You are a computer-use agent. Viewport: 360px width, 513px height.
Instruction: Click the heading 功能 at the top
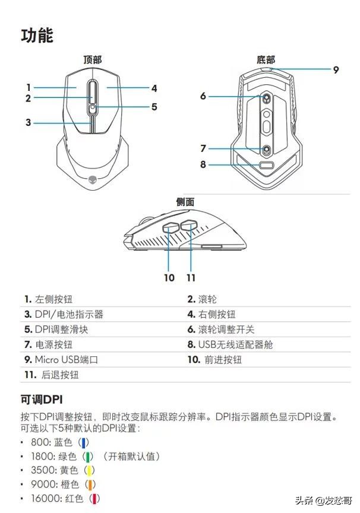[x=37, y=35]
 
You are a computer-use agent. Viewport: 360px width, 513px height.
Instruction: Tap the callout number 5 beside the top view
[x=154, y=107]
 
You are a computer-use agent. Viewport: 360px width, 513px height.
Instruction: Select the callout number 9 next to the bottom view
[x=336, y=69]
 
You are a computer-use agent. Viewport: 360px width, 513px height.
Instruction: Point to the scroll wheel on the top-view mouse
[x=92, y=93]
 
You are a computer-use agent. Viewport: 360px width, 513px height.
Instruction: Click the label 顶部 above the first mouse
[x=92, y=59]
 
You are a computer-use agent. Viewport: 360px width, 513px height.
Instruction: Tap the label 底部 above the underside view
[x=266, y=59]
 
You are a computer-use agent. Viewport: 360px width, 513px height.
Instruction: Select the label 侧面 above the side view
[x=185, y=202]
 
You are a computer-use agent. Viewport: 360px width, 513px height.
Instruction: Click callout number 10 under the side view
[x=169, y=277]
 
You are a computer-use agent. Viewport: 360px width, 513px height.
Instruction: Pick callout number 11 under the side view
[x=191, y=277]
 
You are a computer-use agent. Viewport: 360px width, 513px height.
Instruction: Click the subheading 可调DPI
[x=42, y=398]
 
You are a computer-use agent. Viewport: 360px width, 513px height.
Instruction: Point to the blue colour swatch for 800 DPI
[x=85, y=442]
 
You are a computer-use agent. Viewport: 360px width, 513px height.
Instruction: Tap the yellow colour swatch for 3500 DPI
[x=90, y=471]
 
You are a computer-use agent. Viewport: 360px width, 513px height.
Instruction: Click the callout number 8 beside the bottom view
[x=203, y=164]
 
